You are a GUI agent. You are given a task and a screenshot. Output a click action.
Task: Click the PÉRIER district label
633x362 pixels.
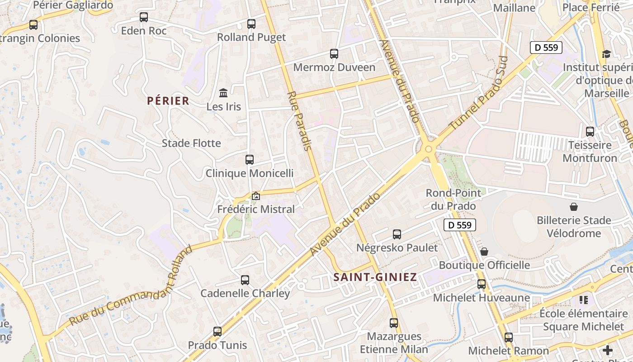[x=168, y=101]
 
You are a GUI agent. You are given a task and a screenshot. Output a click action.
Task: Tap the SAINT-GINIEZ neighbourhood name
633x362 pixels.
[x=375, y=277]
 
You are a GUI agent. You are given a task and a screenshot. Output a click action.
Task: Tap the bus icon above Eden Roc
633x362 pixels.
[x=144, y=18]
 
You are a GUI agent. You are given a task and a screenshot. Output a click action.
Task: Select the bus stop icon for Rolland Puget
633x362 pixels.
[x=251, y=24]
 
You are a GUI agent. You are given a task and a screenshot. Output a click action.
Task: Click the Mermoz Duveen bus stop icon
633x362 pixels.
[x=334, y=54]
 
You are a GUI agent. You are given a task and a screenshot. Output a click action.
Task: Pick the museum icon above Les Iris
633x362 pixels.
[x=223, y=93]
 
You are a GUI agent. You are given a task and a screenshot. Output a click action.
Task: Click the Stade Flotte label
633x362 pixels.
[x=191, y=143]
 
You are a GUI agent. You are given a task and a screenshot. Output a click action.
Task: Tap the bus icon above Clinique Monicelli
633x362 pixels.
[x=250, y=160]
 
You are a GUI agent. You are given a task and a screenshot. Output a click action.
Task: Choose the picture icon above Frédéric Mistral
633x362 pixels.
[x=256, y=196]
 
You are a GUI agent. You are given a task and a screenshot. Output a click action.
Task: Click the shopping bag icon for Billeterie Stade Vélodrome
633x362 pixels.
[x=574, y=207]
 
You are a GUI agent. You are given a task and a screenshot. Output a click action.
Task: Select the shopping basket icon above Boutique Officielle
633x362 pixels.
[x=484, y=252]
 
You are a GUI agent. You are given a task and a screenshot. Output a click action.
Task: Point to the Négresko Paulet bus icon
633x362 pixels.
[x=397, y=234]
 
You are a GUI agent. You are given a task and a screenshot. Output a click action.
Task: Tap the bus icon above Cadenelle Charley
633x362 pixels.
[x=245, y=280]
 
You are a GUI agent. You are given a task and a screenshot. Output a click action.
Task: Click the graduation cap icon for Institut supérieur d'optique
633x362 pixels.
[x=606, y=54]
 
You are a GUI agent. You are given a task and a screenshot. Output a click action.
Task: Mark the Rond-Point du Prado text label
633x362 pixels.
[x=453, y=200]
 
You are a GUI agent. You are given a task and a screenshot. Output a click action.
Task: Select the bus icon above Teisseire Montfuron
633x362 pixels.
[x=590, y=132]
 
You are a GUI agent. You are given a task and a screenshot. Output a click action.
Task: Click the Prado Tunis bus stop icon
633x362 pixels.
[x=217, y=332]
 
